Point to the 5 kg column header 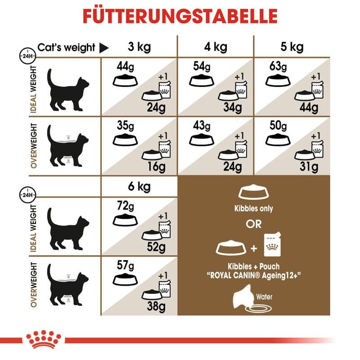tap(292, 46)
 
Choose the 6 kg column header tap(139, 187)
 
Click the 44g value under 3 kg tap(123, 67)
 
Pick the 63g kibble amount tap(276, 67)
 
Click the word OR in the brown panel tap(253, 224)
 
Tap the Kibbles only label tap(253, 209)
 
